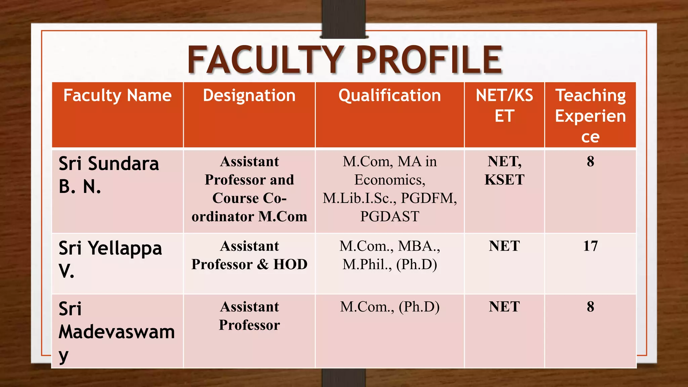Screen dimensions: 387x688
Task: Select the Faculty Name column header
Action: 117,95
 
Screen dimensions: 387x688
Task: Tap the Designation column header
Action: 249,95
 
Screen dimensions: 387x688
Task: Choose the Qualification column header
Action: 389,95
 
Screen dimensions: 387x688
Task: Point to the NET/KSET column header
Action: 504,105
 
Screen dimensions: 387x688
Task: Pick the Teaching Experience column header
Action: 590,116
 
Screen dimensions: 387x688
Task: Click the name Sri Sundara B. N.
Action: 109,175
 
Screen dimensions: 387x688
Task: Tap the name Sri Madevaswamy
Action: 116,332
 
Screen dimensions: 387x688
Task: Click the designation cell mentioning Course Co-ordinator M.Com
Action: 249,189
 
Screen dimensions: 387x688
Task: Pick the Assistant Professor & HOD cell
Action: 249,255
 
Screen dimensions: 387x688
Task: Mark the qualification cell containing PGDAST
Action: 390,189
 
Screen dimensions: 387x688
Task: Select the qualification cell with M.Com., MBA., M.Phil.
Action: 390,255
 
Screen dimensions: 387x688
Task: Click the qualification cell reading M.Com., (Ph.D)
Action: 390,307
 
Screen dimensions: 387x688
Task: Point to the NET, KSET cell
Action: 504,171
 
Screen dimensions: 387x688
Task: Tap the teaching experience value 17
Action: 590,246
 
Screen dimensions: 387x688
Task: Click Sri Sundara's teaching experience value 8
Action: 590,162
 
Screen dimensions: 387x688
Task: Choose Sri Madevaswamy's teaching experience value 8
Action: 590,307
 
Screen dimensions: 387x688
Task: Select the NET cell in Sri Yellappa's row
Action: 504,246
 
